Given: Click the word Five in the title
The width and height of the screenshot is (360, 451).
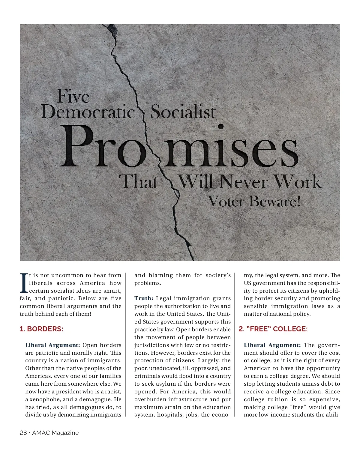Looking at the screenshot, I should tap(73, 97).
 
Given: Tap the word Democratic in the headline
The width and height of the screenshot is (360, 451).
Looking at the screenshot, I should tap(88, 112).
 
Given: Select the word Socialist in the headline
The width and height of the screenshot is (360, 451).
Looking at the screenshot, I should tap(183, 112).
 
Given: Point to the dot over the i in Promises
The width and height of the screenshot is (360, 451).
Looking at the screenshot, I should tap(221, 127).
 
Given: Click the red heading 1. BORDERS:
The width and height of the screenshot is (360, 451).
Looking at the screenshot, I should tap(41, 329).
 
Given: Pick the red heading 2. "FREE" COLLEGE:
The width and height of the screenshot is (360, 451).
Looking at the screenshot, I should tap(273, 329).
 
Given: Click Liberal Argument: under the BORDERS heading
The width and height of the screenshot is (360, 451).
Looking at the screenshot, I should tap(52, 345).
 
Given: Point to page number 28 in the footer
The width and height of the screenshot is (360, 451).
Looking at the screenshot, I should tap(23, 433).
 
